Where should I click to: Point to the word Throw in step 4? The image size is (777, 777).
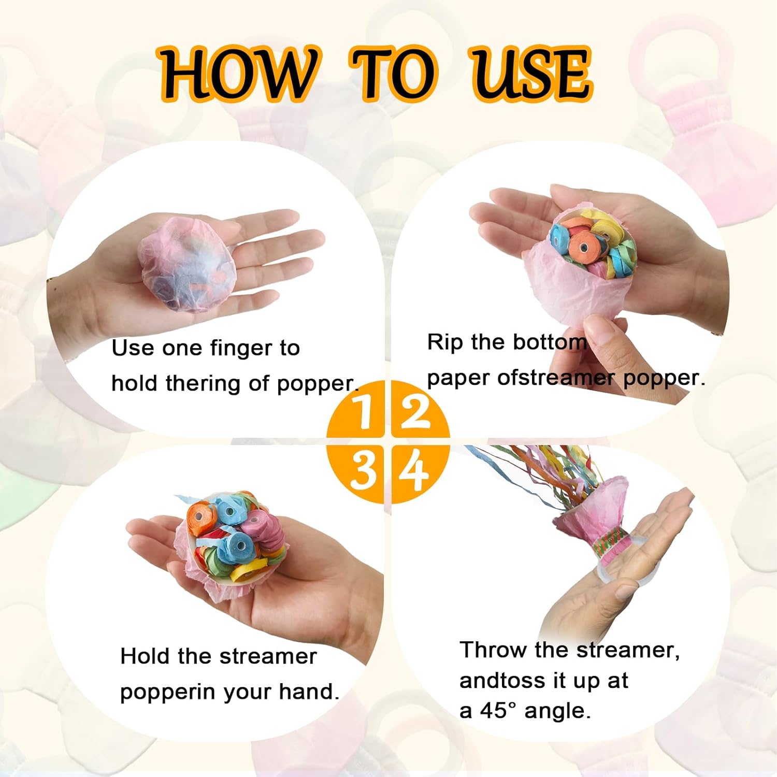493,650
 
